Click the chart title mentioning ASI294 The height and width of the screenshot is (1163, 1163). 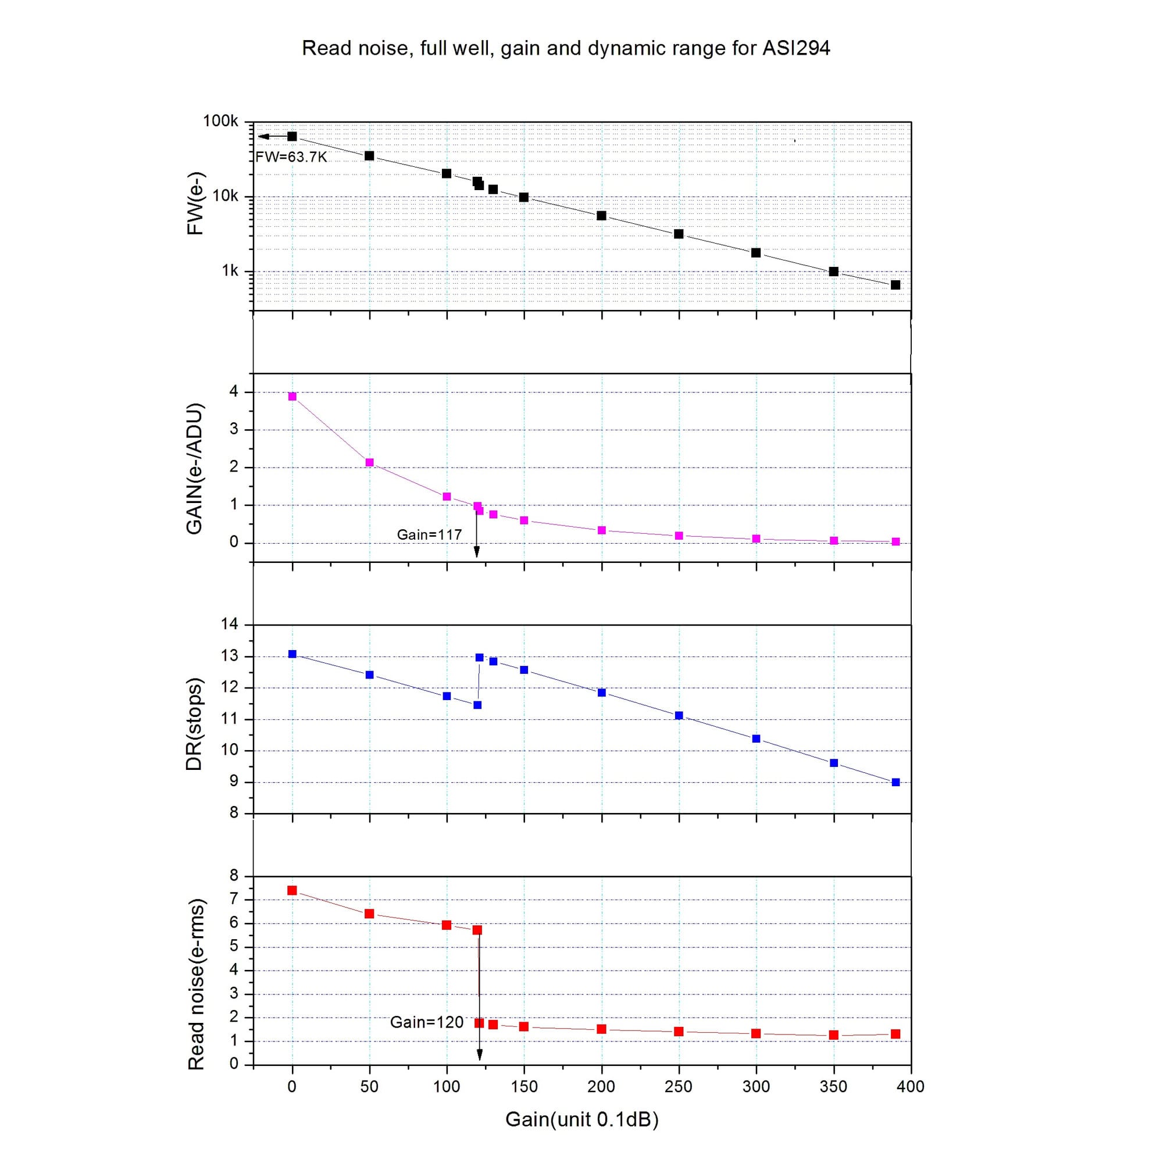pyautogui.click(x=565, y=48)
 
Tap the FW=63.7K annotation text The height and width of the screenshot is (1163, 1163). pyautogui.click(x=291, y=157)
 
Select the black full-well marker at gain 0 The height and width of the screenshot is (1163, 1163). pyautogui.click(x=292, y=137)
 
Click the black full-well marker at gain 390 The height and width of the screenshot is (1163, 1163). pyautogui.click(x=895, y=285)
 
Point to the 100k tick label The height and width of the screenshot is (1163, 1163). pyautogui.click(x=220, y=122)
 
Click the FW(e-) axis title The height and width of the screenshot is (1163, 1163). pyautogui.click(x=195, y=203)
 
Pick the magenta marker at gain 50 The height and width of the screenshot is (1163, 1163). pyautogui.click(x=370, y=462)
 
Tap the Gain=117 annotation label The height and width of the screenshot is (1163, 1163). pyautogui.click(x=429, y=534)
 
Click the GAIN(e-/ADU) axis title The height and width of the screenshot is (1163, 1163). pyautogui.click(x=194, y=468)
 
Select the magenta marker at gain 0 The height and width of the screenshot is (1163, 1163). pyautogui.click(x=292, y=397)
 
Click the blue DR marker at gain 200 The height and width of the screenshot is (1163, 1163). pyautogui.click(x=601, y=692)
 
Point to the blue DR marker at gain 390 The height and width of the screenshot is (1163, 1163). pyautogui.click(x=895, y=782)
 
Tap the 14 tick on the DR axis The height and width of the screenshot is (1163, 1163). pyautogui.click(x=229, y=623)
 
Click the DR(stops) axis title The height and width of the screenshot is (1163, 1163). pyautogui.click(x=194, y=724)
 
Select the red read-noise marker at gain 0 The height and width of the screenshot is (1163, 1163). pyautogui.click(x=292, y=890)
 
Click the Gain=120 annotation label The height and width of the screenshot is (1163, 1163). pyautogui.click(x=427, y=1022)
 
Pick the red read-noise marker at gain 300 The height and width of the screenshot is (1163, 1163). pyautogui.click(x=756, y=1033)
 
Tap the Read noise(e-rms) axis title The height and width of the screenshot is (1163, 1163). pyautogui.click(x=196, y=984)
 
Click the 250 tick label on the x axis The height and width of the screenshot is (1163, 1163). pyautogui.click(x=679, y=1087)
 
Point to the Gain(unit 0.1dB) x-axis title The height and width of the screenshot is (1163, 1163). pyautogui.click(x=581, y=1119)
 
